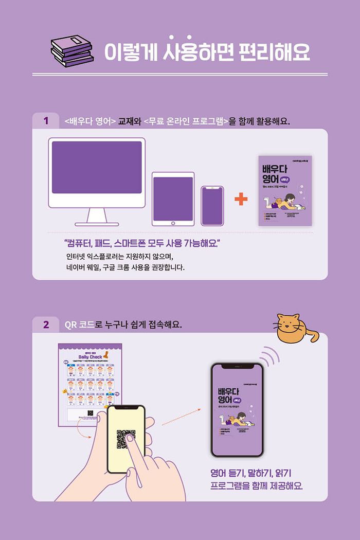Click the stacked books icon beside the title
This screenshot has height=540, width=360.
[72, 50]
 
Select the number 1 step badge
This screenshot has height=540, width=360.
[46, 121]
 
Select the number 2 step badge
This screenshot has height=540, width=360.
[46, 325]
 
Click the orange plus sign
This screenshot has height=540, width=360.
[240, 199]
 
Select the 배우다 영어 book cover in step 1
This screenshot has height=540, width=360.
[284, 190]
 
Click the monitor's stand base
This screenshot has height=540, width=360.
[97, 223]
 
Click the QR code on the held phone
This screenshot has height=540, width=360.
[126, 439]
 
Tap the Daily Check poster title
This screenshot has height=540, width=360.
[89, 357]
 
